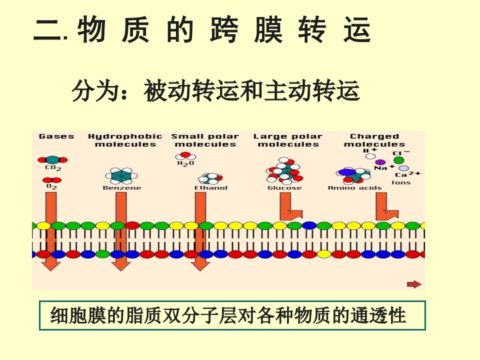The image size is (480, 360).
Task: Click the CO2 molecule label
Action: pos(53,168)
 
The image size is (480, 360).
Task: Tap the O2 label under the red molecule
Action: pos(51,186)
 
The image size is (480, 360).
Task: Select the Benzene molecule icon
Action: pos(121,176)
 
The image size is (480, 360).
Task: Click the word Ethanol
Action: pos(211,187)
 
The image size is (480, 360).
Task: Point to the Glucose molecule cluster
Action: pos(284,170)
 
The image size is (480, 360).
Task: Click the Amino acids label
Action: pos(355,187)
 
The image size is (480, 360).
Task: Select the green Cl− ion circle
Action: pos(398,160)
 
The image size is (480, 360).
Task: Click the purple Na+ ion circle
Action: pos(380,162)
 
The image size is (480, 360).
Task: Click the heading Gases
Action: pos(56,136)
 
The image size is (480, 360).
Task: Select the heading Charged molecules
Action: pos(374,140)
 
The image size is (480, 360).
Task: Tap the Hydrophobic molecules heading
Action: pos(125,140)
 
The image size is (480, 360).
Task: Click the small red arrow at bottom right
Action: pos(414,284)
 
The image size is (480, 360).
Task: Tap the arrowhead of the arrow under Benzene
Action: pos(121,266)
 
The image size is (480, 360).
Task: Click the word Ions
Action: pos(401,182)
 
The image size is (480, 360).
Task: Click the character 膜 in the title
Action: pos(268,29)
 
